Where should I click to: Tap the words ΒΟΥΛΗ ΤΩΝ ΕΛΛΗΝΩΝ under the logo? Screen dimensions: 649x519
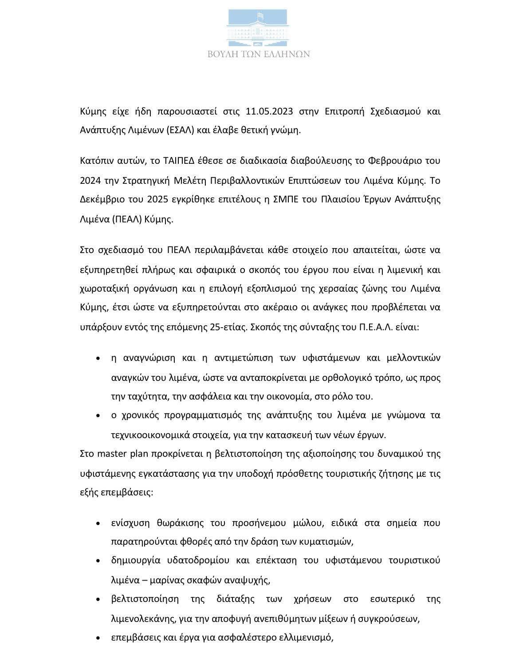(x=259, y=54)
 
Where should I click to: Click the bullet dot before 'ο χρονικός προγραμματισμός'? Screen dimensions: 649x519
(x=98, y=416)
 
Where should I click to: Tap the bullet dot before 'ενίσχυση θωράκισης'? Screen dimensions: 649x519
(x=98, y=523)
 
